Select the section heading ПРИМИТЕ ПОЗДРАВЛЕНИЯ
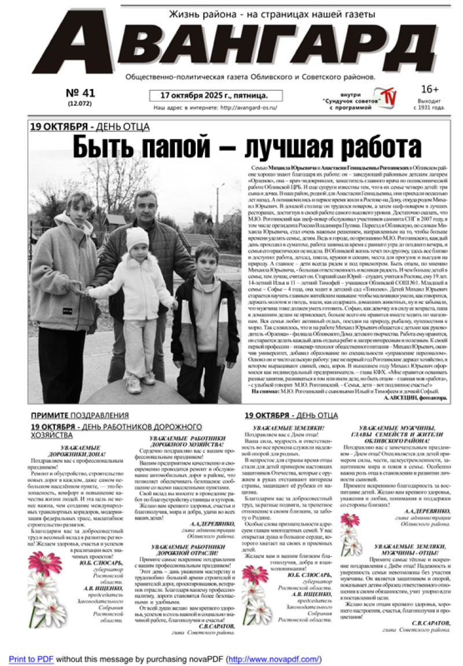(x=80, y=415)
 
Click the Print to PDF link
(x=31, y=659)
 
